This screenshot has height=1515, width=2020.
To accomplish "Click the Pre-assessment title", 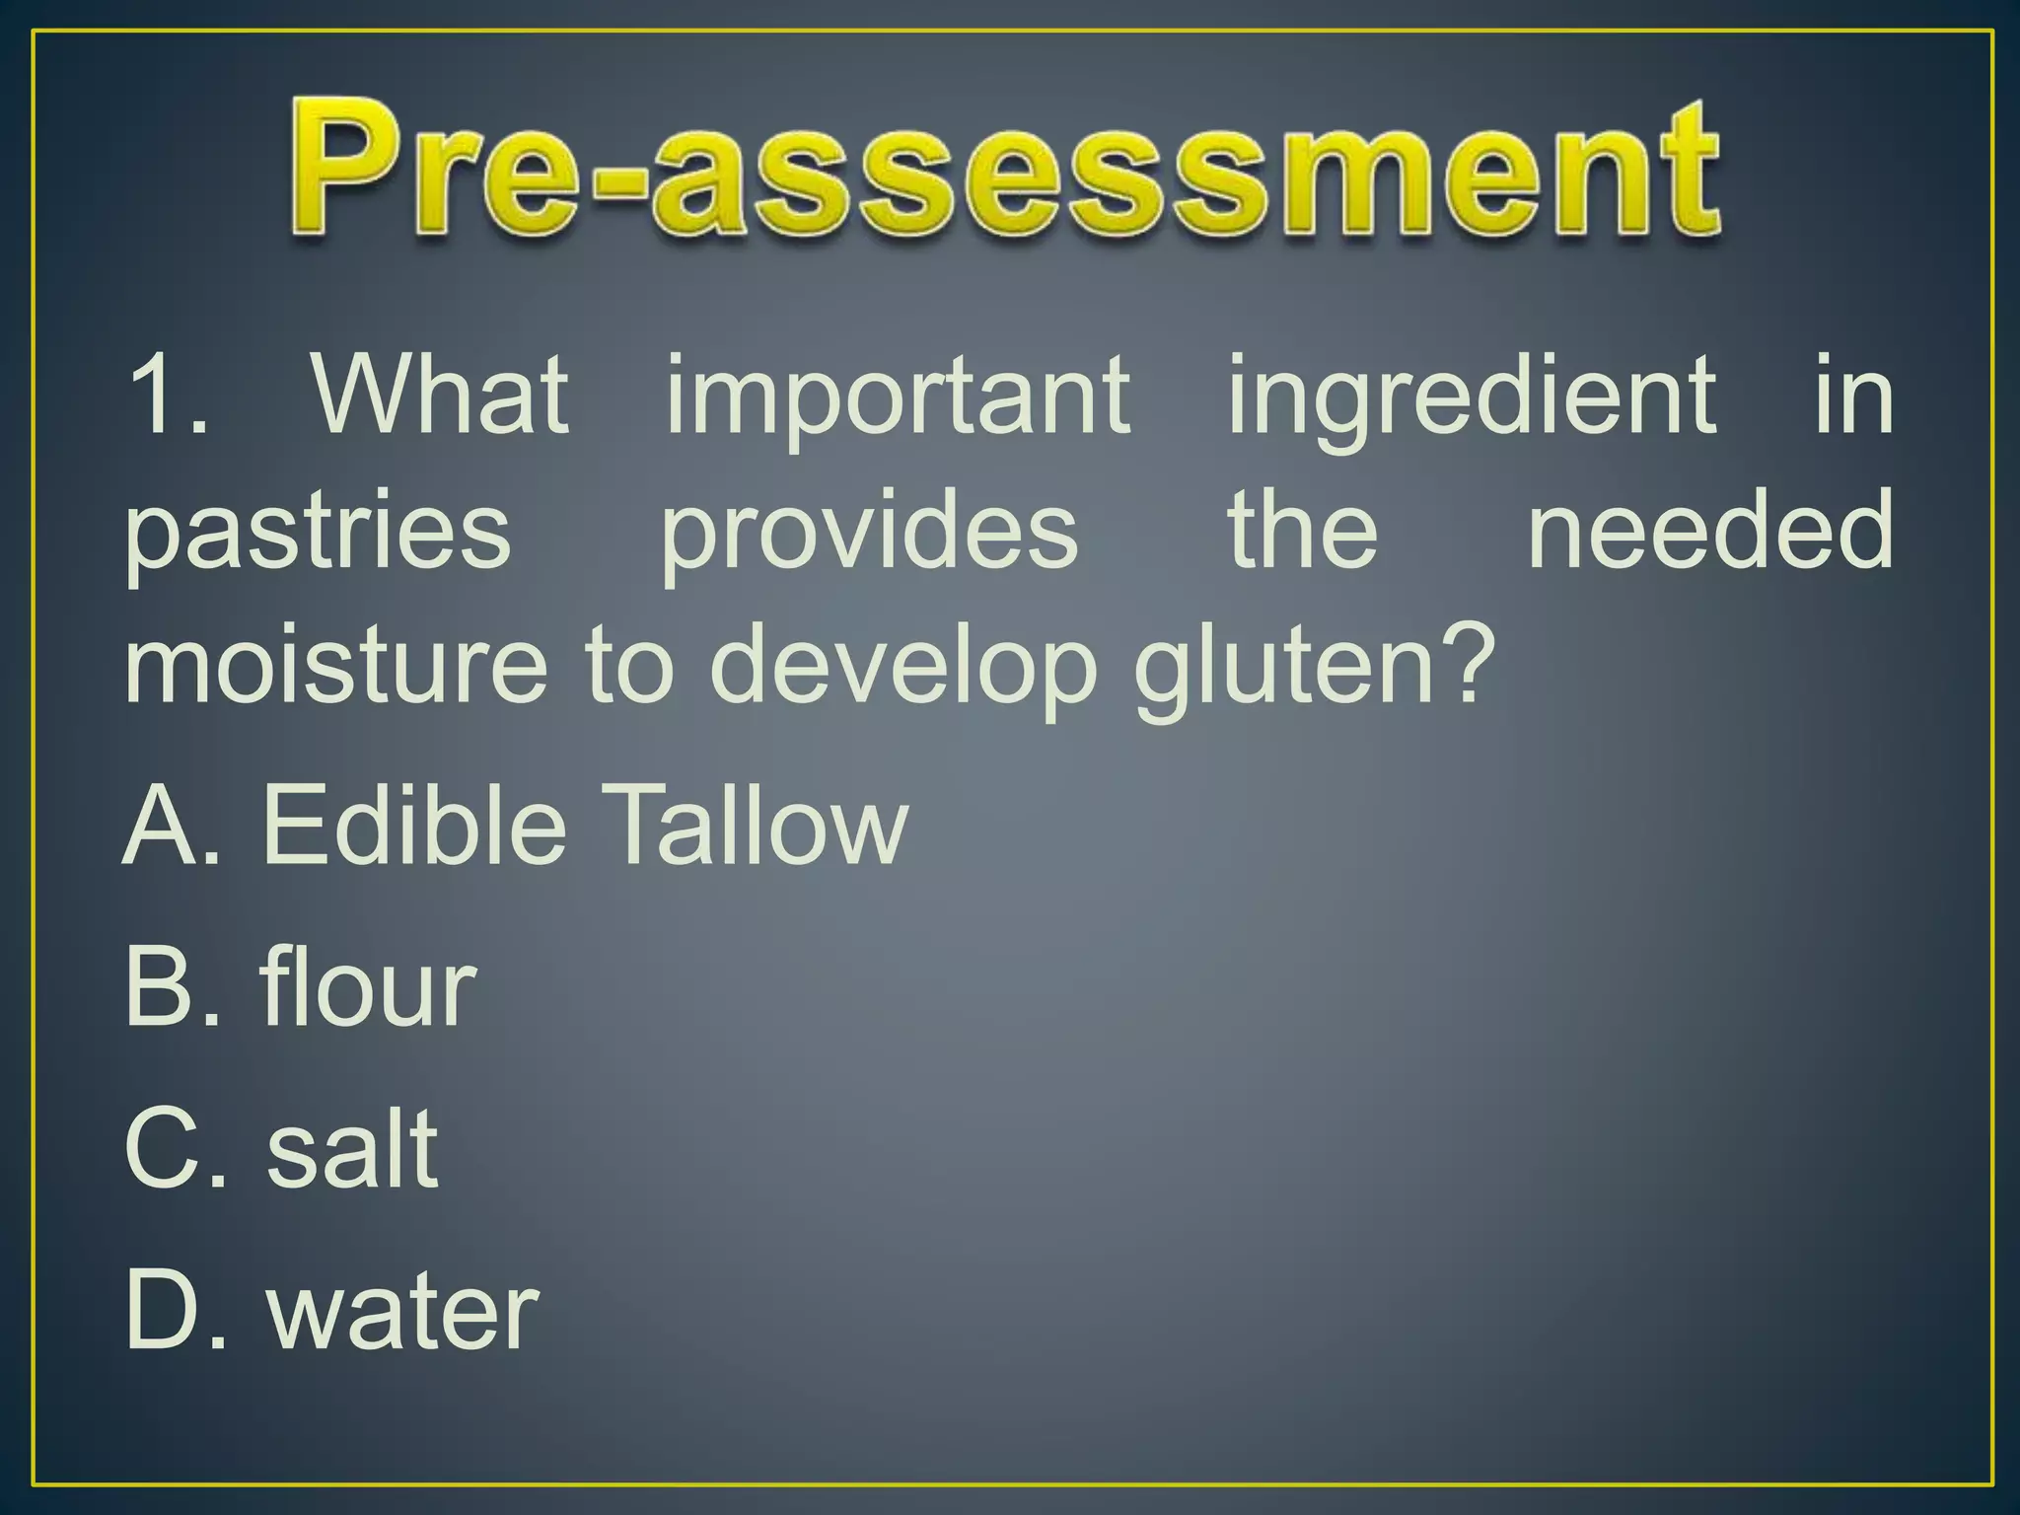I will [1006, 168].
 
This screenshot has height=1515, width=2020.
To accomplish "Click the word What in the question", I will [441, 395].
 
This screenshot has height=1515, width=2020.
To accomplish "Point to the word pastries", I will [318, 533].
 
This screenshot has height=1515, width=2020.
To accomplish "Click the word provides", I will [869, 533].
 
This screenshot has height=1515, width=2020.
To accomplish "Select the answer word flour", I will [369, 986].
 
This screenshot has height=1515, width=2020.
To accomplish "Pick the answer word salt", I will [352, 1149].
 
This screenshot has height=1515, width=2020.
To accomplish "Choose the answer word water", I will [403, 1312].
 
